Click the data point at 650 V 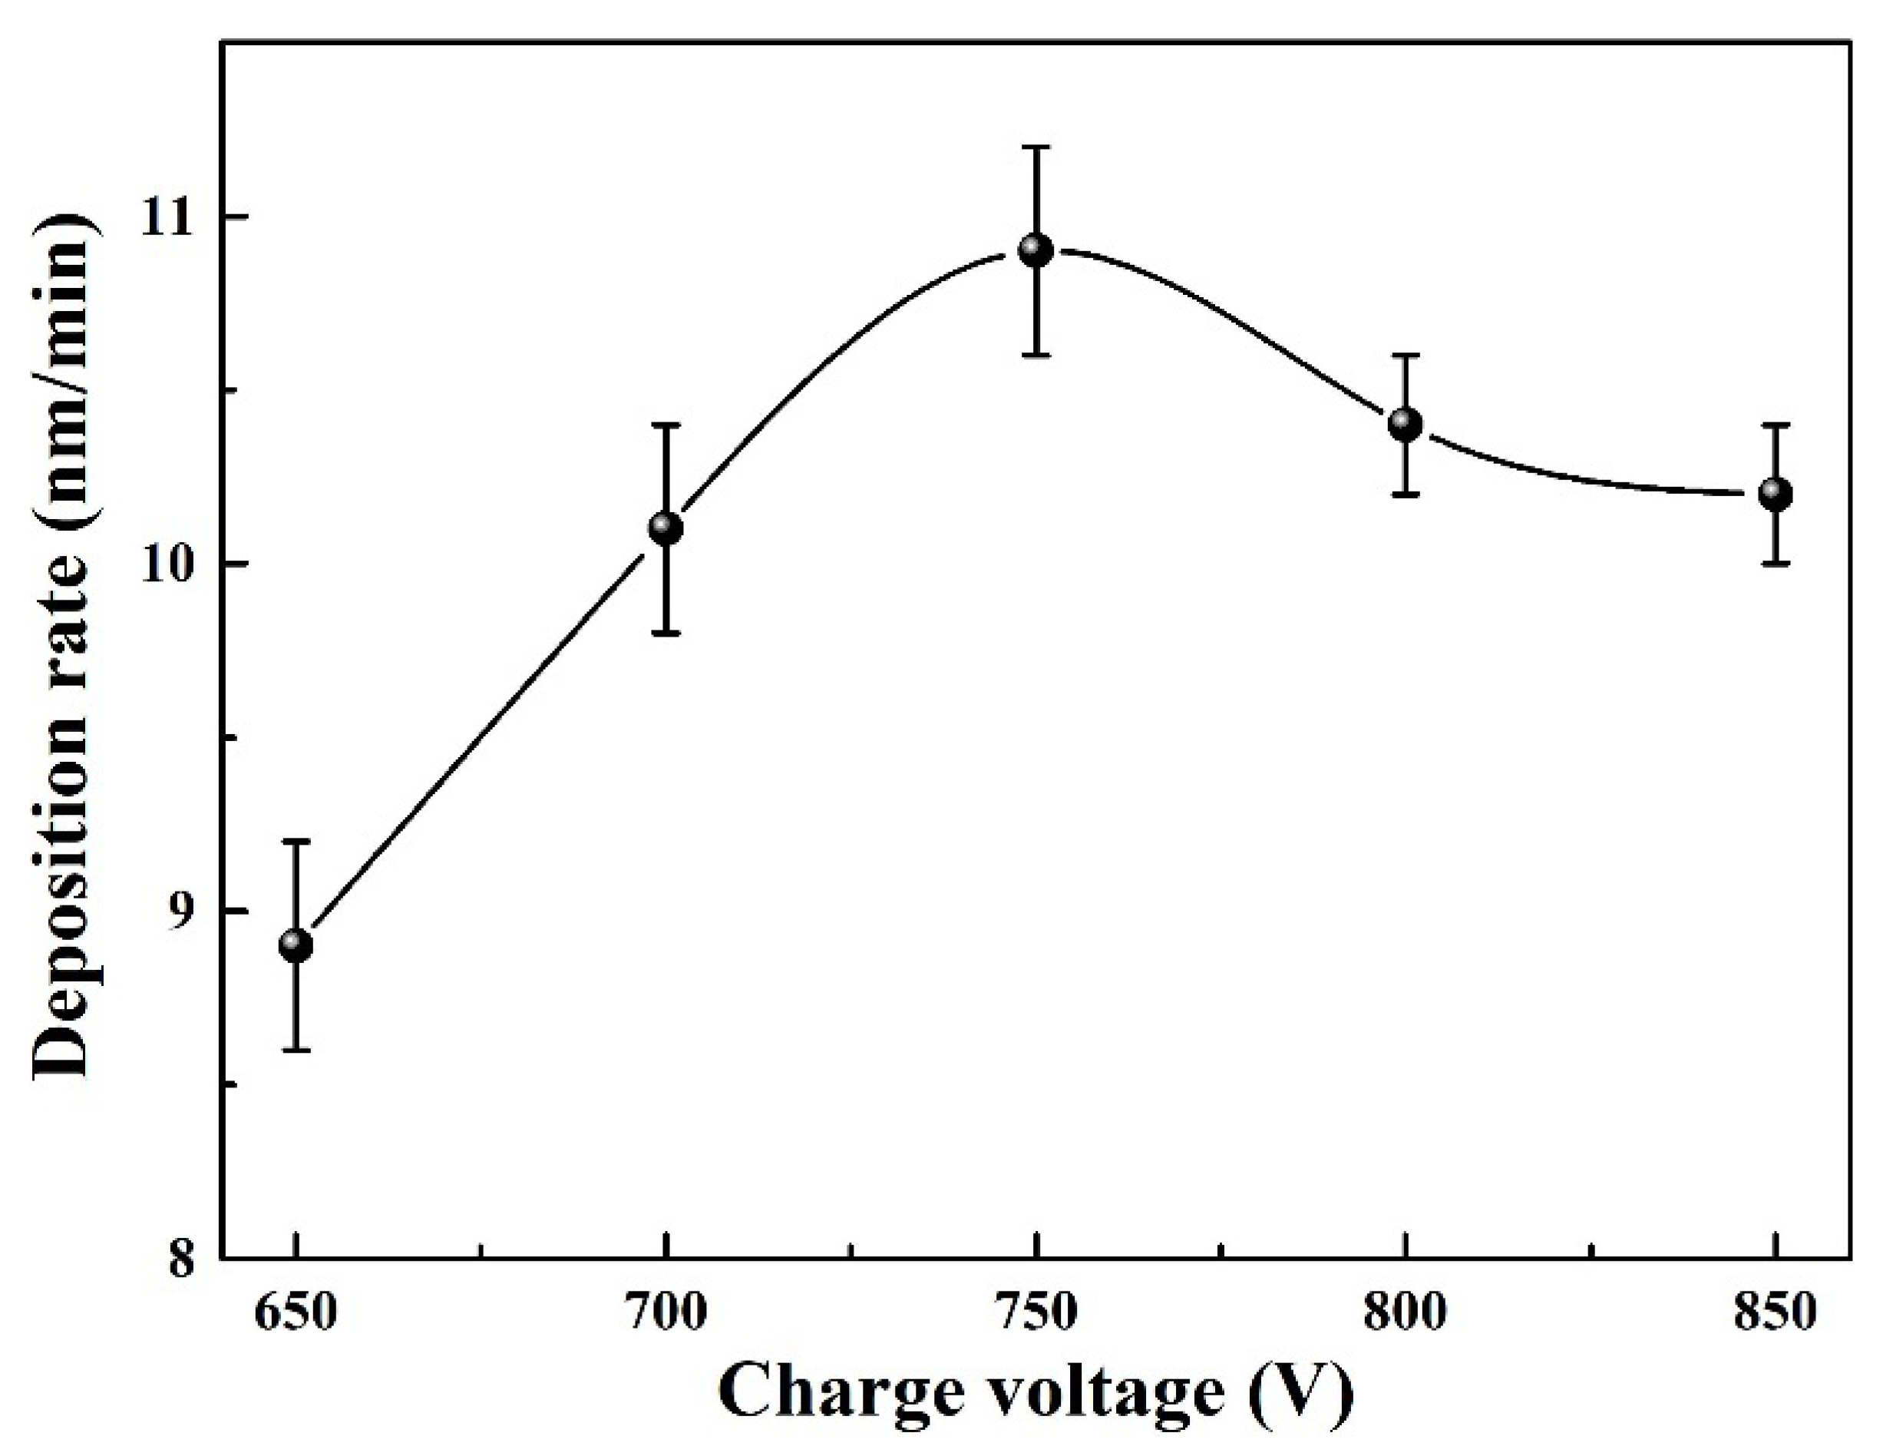coord(296,945)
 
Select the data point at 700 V coord(665,527)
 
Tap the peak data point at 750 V coord(1036,250)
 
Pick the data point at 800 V coord(1406,424)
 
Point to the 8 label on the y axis coord(183,1259)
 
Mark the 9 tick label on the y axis coord(183,912)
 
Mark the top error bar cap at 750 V coord(1036,147)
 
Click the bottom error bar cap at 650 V coord(296,1050)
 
